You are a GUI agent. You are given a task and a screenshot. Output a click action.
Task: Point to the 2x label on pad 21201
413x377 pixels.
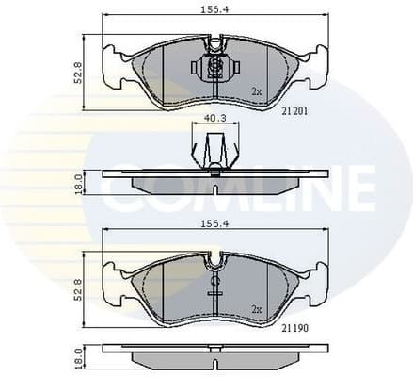255,91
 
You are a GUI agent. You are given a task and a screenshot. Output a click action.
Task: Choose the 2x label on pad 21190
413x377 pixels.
255,308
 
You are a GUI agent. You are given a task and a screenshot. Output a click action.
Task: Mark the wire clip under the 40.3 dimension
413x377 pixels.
214,151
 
